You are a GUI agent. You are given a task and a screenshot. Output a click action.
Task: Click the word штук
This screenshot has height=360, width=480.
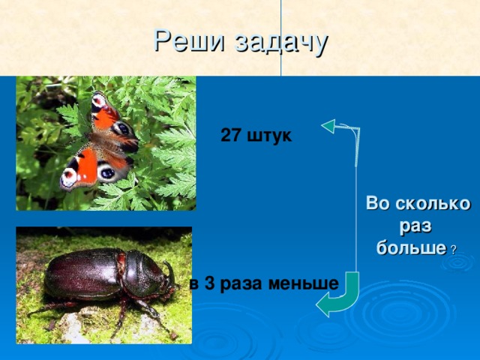tap(268, 136)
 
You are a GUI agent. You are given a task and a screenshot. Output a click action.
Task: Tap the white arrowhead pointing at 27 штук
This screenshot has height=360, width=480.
tap(329, 125)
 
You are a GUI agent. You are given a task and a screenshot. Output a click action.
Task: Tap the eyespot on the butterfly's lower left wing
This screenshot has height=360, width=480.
tap(70, 177)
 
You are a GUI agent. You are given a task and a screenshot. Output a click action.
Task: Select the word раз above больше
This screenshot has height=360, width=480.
tap(415, 225)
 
